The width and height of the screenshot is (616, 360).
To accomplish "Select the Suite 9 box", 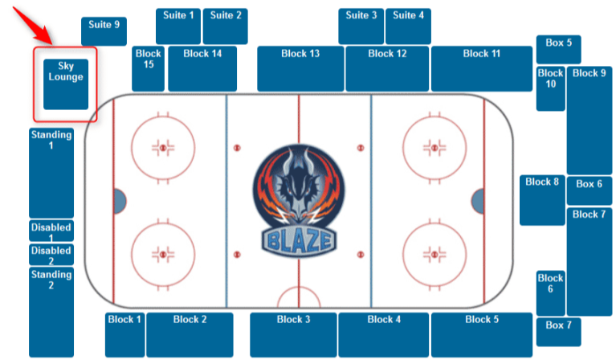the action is [104, 31].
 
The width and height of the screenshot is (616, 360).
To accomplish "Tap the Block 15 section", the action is [149, 69].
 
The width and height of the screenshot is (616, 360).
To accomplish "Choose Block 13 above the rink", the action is [300, 69].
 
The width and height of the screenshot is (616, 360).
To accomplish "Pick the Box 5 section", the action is [558, 49].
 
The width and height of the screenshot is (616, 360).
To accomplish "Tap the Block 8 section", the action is [542, 199].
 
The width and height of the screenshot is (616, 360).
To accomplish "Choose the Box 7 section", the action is [558, 331].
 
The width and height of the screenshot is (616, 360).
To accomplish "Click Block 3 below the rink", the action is [293, 334].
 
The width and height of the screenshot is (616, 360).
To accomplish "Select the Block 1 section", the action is [124, 334].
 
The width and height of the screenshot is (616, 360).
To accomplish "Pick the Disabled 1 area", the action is [51, 231].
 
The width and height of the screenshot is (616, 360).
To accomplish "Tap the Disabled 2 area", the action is [51, 255].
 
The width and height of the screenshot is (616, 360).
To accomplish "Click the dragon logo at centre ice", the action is [299, 186].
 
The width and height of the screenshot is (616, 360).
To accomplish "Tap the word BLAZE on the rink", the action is [299, 238].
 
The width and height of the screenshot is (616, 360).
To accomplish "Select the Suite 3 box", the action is [361, 27].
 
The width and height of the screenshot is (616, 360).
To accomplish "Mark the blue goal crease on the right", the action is [478, 201].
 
